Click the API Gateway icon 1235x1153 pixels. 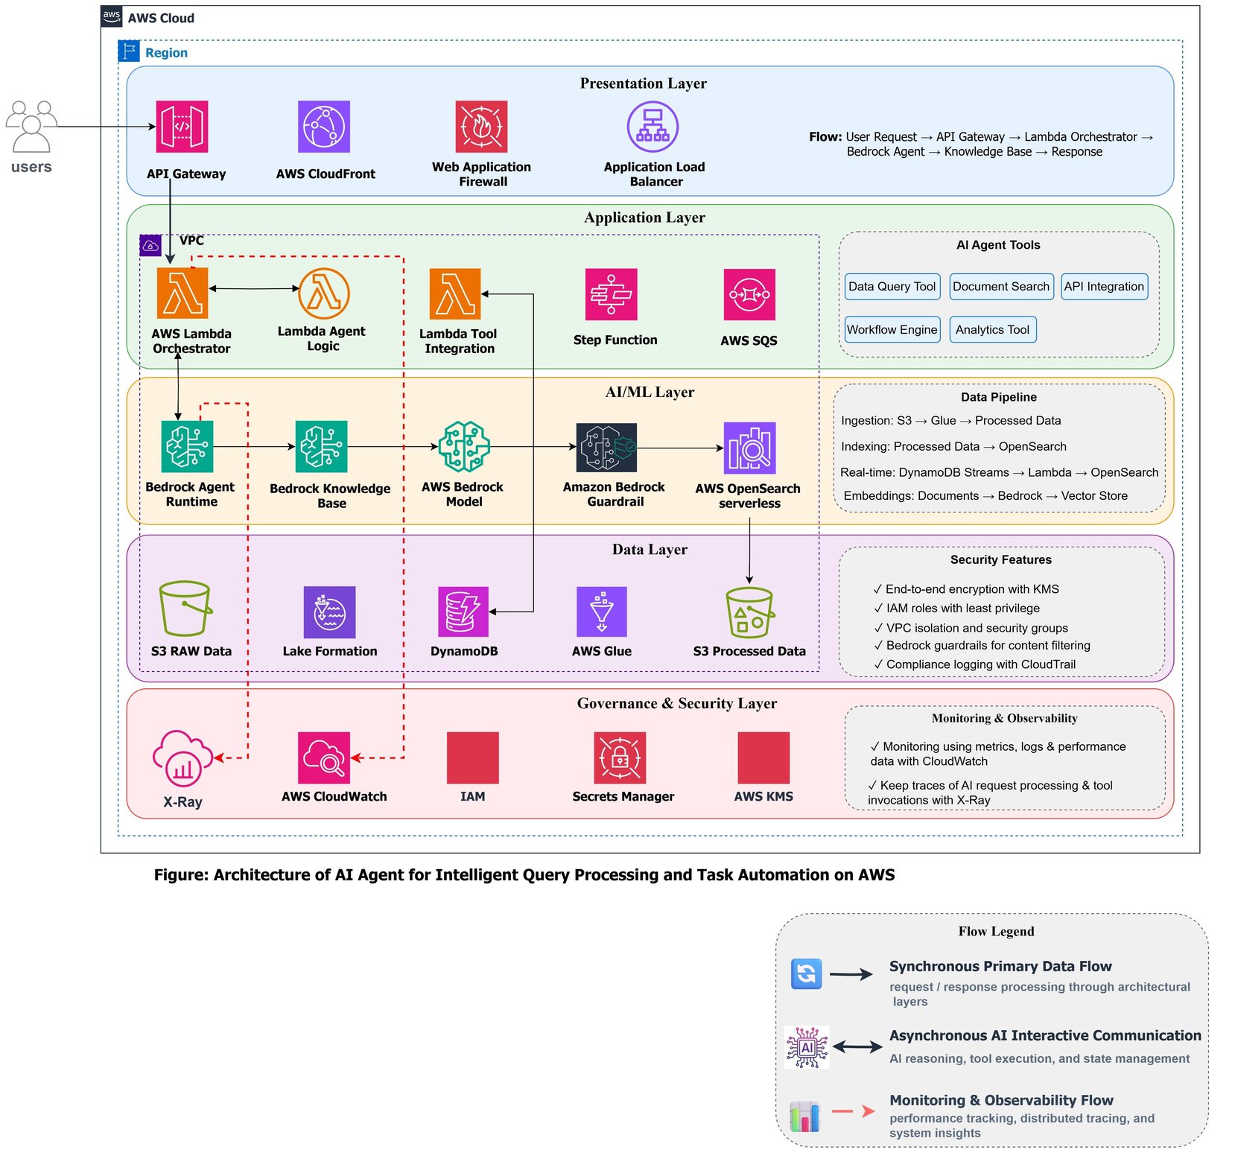(182, 127)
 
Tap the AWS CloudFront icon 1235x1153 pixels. (324, 127)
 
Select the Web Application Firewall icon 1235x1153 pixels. (481, 127)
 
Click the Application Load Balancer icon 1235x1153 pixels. (653, 127)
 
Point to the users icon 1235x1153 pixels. (31, 127)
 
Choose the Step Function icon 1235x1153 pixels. (612, 294)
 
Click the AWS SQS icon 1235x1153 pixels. (749, 294)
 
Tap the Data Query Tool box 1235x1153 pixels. (892, 287)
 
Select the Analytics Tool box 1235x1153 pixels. (992, 330)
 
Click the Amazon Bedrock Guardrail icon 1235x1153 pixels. (606, 447)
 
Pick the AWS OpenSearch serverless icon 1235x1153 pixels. (749, 448)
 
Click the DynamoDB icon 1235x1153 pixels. (463, 612)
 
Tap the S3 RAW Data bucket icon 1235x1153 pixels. (185, 609)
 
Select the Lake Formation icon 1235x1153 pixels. (329, 612)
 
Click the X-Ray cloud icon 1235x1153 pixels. (182, 759)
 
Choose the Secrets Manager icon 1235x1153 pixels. (620, 757)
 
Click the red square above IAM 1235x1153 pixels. (473, 757)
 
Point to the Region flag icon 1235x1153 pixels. (129, 51)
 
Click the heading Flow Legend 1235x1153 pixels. (996, 931)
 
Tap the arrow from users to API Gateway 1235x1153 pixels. (104, 127)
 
